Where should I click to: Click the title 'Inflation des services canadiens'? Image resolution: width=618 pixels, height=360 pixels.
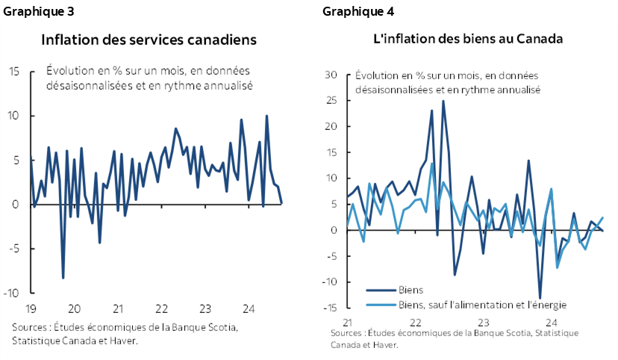click(x=149, y=39)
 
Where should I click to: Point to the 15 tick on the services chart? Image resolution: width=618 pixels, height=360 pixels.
click(x=13, y=72)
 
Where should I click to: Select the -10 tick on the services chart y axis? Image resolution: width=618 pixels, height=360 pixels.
click(x=11, y=293)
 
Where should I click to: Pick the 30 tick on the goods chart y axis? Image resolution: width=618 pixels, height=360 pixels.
click(x=332, y=75)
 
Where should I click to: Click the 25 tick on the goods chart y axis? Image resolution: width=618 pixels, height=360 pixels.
click(x=332, y=100)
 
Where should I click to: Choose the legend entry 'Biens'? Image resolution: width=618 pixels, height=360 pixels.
click(x=411, y=290)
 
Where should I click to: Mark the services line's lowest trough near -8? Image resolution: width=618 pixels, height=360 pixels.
click(x=63, y=278)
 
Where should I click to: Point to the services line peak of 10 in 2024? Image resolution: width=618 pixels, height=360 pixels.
click(x=266, y=116)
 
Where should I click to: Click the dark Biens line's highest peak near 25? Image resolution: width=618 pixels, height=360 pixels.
click(x=443, y=101)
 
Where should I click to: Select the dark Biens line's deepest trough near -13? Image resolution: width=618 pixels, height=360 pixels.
click(x=540, y=298)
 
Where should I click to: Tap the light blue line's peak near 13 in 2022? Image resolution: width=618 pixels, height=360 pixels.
click(x=432, y=164)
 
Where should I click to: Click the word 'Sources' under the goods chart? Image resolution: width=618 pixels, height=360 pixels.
click(x=346, y=333)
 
